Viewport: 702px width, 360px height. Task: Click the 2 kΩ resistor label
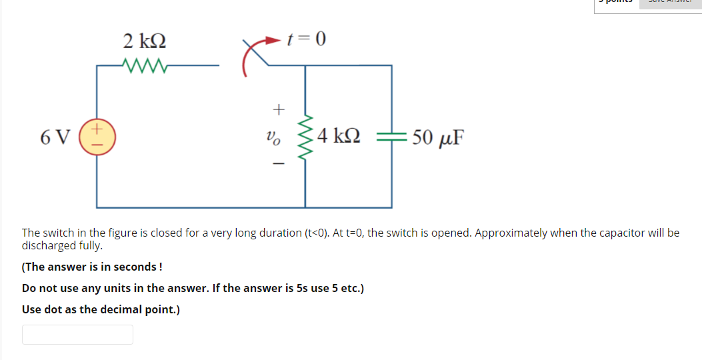point(145,41)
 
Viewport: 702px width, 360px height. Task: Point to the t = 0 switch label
point(306,40)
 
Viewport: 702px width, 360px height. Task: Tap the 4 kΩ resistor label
point(339,137)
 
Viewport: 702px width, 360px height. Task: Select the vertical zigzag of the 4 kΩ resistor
point(305,137)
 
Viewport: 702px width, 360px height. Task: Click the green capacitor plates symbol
point(391,137)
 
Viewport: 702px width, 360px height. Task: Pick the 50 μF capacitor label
point(438,138)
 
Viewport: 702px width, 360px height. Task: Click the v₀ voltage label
point(273,137)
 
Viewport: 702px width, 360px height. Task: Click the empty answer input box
point(77,335)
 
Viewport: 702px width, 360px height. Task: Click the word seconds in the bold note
point(136,267)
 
